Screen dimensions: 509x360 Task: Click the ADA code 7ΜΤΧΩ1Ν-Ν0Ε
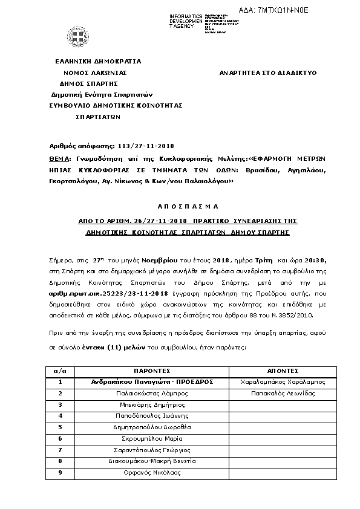tap(282, 10)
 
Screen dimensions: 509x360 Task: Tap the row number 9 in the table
tap(60, 473)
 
